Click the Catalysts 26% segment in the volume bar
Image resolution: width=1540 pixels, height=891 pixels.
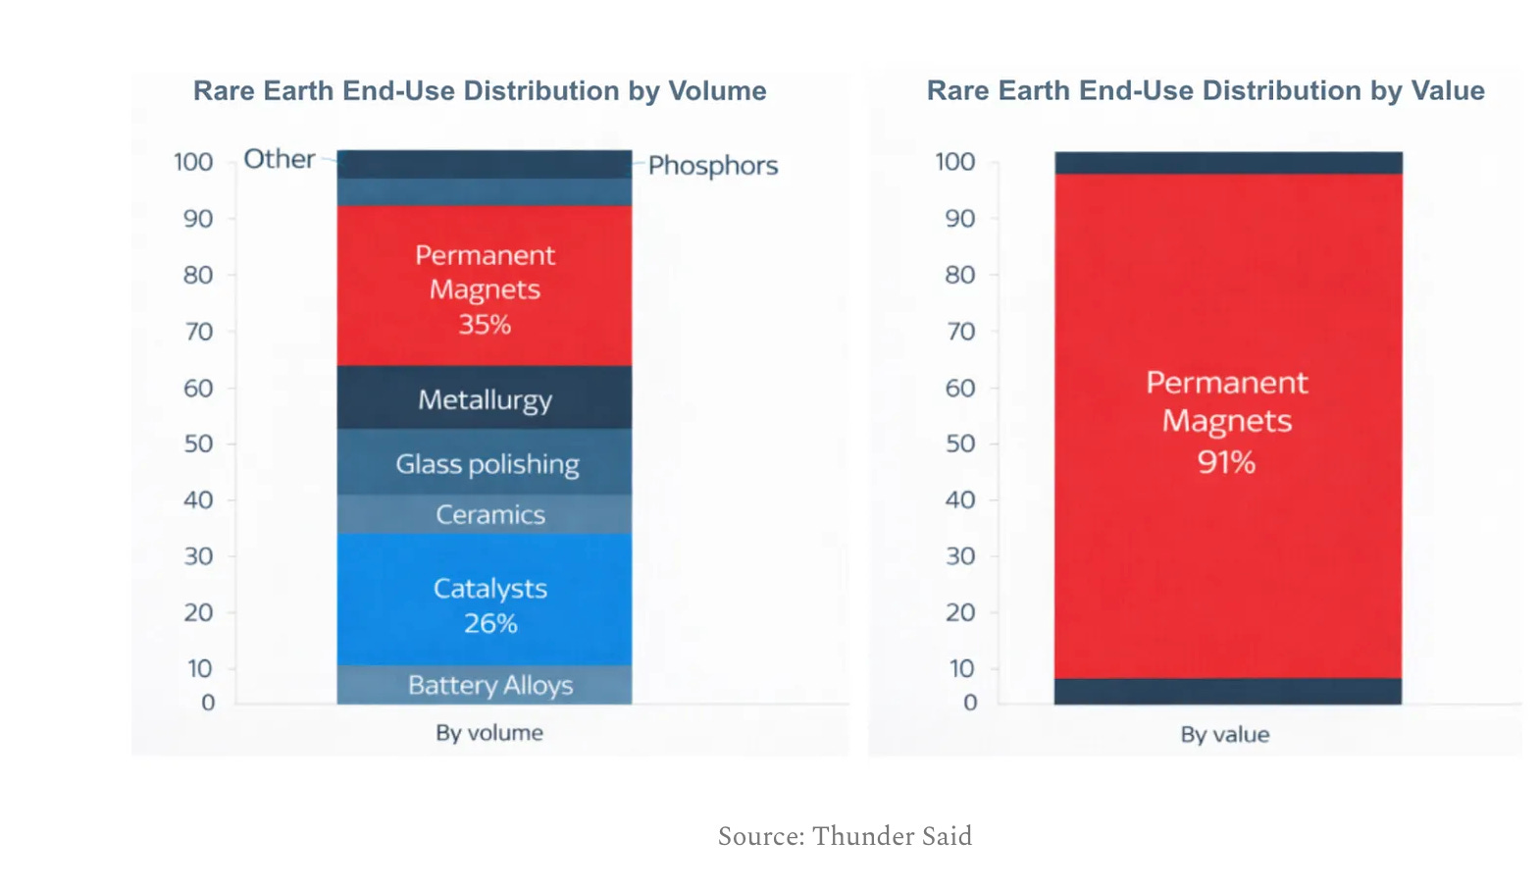click(484, 600)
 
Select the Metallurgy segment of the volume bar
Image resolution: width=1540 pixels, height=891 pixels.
click(484, 397)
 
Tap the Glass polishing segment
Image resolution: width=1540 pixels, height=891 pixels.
click(484, 461)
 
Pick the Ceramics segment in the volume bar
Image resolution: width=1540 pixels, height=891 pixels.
click(484, 514)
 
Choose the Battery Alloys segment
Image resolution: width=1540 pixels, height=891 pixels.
click(484, 685)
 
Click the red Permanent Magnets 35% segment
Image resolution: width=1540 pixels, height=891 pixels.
click(484, 286)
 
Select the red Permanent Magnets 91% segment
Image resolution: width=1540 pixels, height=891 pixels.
click(1228, 426)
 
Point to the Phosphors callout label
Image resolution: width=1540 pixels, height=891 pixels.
click(713, 166)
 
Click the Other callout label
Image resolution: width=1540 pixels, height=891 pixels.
click(280, 159)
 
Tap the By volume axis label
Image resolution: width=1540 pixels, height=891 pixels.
click(489, 733)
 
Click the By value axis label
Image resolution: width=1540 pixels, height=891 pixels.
click(1225, 735)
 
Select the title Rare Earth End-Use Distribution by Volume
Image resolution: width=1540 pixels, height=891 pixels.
click(480, 91)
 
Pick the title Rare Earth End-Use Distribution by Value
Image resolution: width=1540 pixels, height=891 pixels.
click(1206, 91)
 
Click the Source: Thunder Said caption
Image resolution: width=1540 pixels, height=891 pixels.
click(845, 836)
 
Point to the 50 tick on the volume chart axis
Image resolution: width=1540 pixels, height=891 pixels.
click(198, 444)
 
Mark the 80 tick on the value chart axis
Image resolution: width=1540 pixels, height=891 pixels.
click(959, 275)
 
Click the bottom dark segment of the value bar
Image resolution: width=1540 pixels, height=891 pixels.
click(1228, 692)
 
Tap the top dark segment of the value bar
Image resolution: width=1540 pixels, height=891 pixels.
click(1228, 163)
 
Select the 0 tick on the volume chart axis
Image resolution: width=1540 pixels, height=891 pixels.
click(208, 703)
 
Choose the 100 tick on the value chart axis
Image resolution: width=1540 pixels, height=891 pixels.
click(955, 162)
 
